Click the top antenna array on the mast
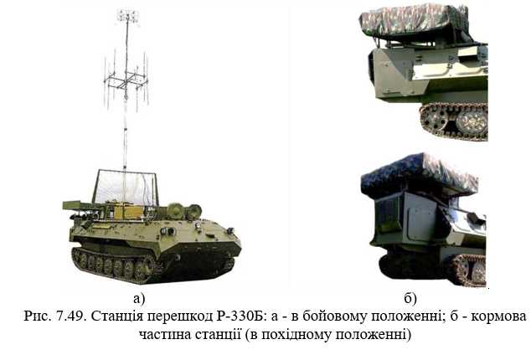tap(128, 16)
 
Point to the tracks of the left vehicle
tap(117, 267)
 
